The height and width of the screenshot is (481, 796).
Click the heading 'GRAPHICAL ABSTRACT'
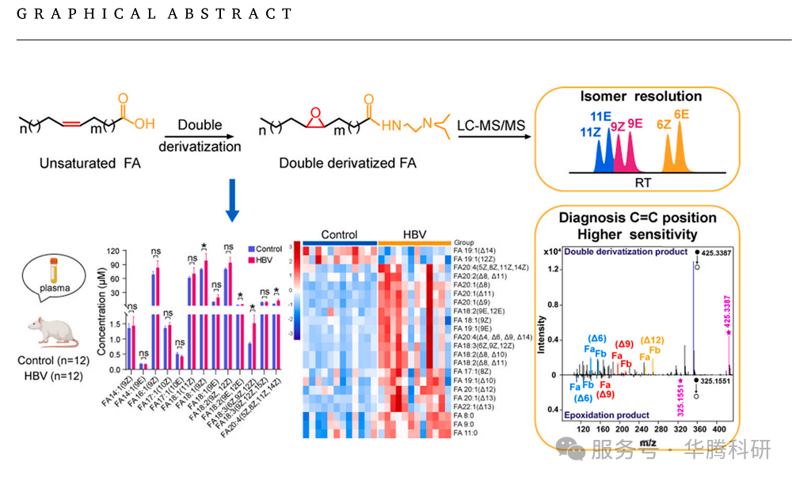[x=154, y=14]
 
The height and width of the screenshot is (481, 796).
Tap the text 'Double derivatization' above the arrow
[x=200, y=135]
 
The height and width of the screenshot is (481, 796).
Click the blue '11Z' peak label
[x=589, y=131]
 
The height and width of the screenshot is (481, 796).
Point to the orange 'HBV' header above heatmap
[x=414, y=235]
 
